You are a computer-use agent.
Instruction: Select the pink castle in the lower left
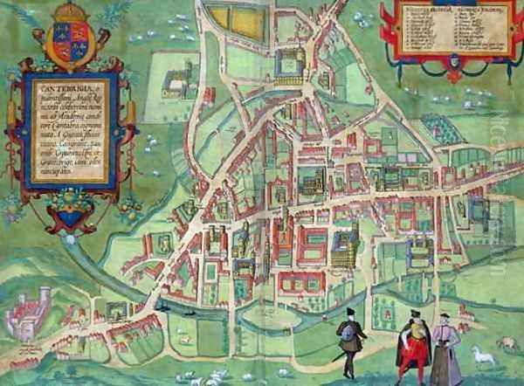31,308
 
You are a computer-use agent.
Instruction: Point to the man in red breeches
411,345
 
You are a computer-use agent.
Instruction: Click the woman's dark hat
442,317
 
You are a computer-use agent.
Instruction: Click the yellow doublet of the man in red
411,331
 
